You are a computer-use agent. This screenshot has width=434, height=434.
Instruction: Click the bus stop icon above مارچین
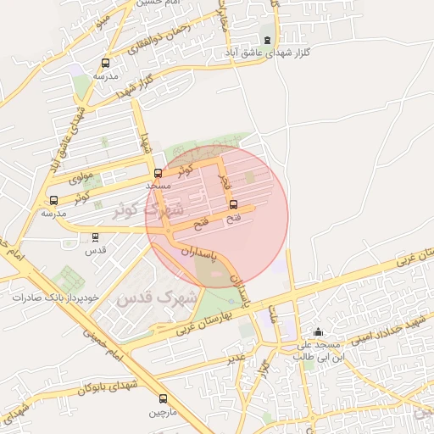(x=163, y=398)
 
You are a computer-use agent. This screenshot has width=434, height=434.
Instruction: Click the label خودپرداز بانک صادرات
(x=55, y=298)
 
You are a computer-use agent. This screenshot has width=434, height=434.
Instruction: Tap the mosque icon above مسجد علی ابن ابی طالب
(x=318, y=332)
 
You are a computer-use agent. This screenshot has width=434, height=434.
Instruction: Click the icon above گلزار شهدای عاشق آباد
(x=268, y=40)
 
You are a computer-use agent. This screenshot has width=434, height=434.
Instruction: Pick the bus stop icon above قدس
(x=94, y=237)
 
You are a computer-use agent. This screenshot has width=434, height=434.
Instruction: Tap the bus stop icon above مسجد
(x=158, y=172)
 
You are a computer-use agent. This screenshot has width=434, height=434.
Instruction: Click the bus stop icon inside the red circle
(x=234, y=205)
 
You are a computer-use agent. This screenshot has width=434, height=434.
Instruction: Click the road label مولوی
(x=80, y=178)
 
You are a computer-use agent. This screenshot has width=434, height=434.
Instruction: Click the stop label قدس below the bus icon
(x=97, y=251)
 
